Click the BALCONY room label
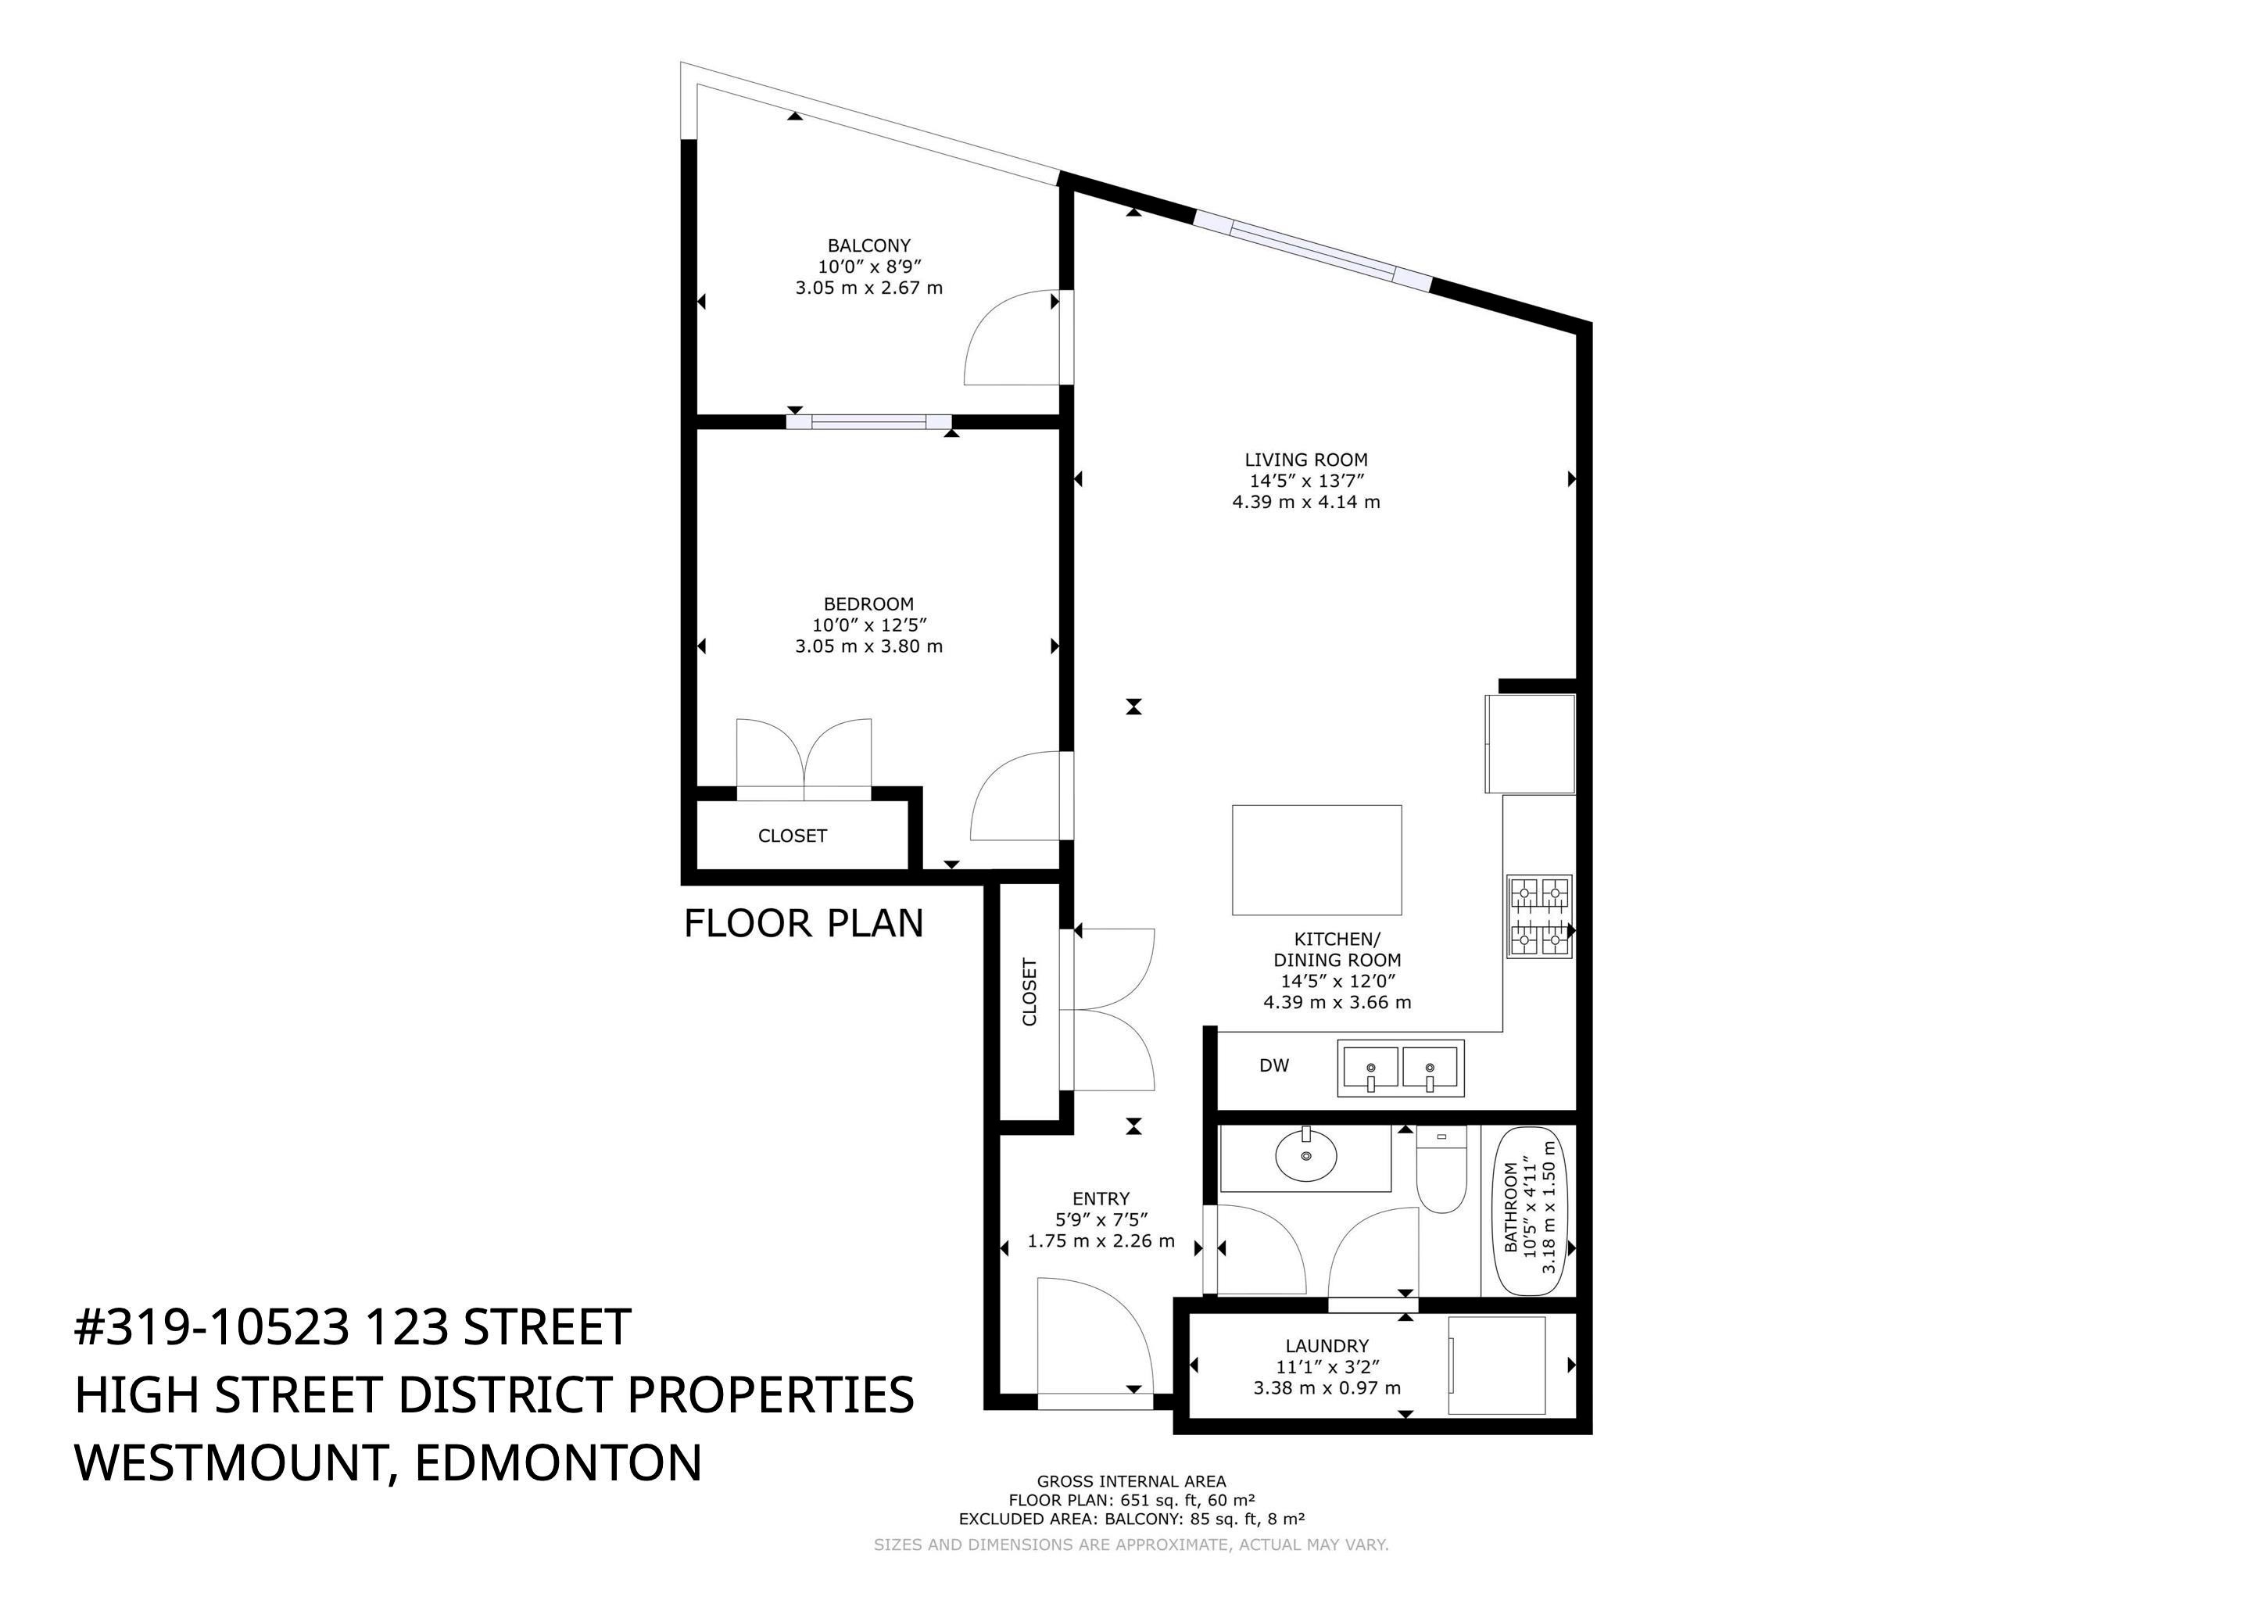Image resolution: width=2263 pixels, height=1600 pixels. pyautogui.click(x=868, y=245)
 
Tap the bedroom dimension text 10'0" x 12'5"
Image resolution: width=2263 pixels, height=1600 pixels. pyautogui.click(x=868, y=625)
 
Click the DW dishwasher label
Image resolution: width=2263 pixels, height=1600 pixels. pyautogui.click(x=1273, y=1065)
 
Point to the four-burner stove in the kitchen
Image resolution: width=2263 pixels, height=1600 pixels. pyautogui.click(x=1538, y=916)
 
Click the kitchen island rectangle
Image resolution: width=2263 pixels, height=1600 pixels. pyautogui.click(x=1316, y=860)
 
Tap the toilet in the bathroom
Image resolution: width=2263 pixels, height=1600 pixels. pyautogui.click(x=1440, y=1173)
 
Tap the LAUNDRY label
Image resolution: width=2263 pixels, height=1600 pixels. pyautogui.click(x=1326, y=1346)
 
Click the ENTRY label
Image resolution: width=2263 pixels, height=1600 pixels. pyautogui.click(x=1100, y=1199)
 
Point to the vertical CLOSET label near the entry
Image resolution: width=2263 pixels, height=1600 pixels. pyautogui.click(x=1029, y=992)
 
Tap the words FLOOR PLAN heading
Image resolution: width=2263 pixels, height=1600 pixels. pyautogui.click(x=804, y=924)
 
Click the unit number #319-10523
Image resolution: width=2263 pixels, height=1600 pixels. pyautogui.click(x=211, y=1328)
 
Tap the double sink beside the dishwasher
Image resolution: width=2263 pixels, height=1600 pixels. pyautogui.click(x=1399, y=1068)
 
